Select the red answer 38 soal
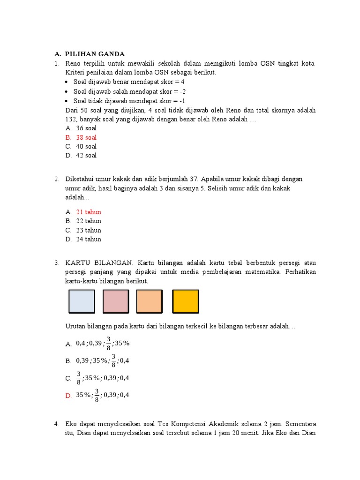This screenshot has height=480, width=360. click(x=86, y=137)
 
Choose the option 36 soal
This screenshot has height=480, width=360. click(x=86, y=128)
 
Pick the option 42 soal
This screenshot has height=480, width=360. click(x=86, y=155)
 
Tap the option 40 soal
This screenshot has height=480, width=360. click(x=86, y=146)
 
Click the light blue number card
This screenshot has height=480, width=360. click(x=82, y=301)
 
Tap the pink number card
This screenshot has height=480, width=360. click(x=115, y=301)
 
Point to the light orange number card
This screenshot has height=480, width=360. click(x=150, y=301)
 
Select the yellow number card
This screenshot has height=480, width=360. click(x=186, y=301)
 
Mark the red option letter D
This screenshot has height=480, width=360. click(x=68, y=396)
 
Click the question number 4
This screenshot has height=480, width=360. click(x=56, y=424)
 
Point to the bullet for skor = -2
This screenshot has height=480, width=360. click(x=68, y=91)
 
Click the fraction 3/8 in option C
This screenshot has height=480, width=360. click(x=79, y=378)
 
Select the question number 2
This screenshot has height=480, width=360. click(x=56, y=179)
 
